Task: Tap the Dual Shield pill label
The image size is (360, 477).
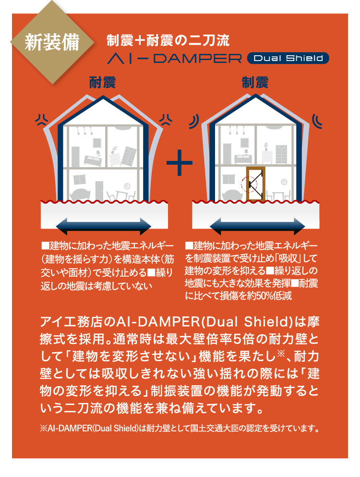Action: coord(288,58)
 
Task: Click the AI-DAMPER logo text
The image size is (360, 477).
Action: coord(175,59)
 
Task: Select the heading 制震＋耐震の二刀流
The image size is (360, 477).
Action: coord(168,40)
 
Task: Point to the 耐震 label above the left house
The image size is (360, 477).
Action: coord(102,83)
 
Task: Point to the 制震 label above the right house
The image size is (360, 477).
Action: coord(255,83)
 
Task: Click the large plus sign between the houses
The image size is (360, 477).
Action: coord(180,162)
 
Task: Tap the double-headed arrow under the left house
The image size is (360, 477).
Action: coord(104,226)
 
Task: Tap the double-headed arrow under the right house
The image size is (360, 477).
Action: coord(257,226)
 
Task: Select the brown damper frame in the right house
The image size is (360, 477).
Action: coord(255,184)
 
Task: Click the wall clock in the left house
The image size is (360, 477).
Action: coord(127,186)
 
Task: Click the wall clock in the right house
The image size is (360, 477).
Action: coord(284,182)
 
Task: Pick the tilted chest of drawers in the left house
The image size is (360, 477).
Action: coord(129,156)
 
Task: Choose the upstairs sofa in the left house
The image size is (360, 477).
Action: coord(93,160)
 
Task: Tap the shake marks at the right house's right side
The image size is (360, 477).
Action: coord(317,122)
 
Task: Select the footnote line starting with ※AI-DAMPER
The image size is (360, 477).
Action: coord(180,428)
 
